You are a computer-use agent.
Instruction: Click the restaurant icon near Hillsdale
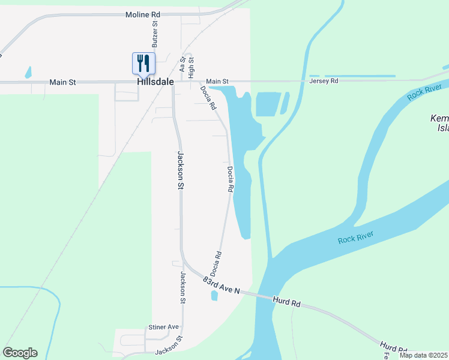point(143,62)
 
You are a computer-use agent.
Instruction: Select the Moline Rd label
point(143,14)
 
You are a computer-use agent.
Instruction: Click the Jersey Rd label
point(324,80)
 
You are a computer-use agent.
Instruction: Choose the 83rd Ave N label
point(221,285)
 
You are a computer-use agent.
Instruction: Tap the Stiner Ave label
point(164,327)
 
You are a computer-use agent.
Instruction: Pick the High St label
point(191,67)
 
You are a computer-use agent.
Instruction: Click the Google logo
point(20,353)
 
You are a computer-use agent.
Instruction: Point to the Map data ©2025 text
point(422,355)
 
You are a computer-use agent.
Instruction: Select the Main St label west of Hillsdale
point(62,82)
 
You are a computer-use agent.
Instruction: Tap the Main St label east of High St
point(217,81)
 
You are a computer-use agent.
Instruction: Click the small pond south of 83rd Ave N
point(214,296)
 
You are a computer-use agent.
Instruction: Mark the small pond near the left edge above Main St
point(28,73)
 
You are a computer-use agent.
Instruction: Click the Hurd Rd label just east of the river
point(286,301)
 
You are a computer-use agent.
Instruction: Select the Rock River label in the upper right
point(420,92)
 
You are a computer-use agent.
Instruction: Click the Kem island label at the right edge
point(439,123)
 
